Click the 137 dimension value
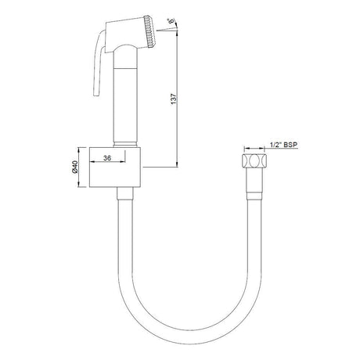[x=174, y=99]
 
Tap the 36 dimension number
[x=107, y=158]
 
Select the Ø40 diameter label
[x=74, y=167]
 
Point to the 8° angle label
[x=171, y=21]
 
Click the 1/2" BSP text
[x=284, y=145]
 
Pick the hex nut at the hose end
[x=254, y=160]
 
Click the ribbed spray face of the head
[x=149, y=31]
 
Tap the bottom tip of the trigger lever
[x=96, y=95]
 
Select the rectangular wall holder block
[x=115, y=167]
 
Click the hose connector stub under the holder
[x=125, y=193]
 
